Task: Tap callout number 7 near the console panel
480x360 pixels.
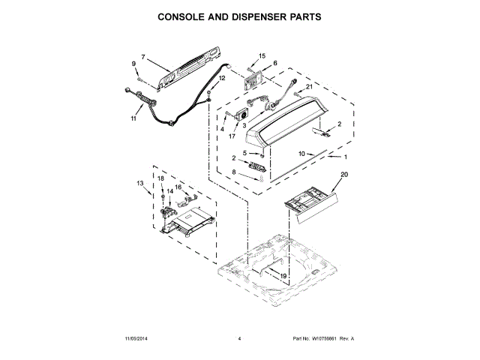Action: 142,56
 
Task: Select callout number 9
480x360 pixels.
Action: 135,64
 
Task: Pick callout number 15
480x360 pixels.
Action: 262,56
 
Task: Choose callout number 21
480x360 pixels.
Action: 308,87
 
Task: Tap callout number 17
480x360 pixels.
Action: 232,136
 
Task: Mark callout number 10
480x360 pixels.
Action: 301,153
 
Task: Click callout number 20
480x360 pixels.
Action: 344,175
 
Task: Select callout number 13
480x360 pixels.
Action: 139,183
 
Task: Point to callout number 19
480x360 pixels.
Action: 284,276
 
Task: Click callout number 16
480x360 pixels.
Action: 178,187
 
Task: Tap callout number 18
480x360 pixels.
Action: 160,178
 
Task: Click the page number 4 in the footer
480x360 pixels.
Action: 239,339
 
